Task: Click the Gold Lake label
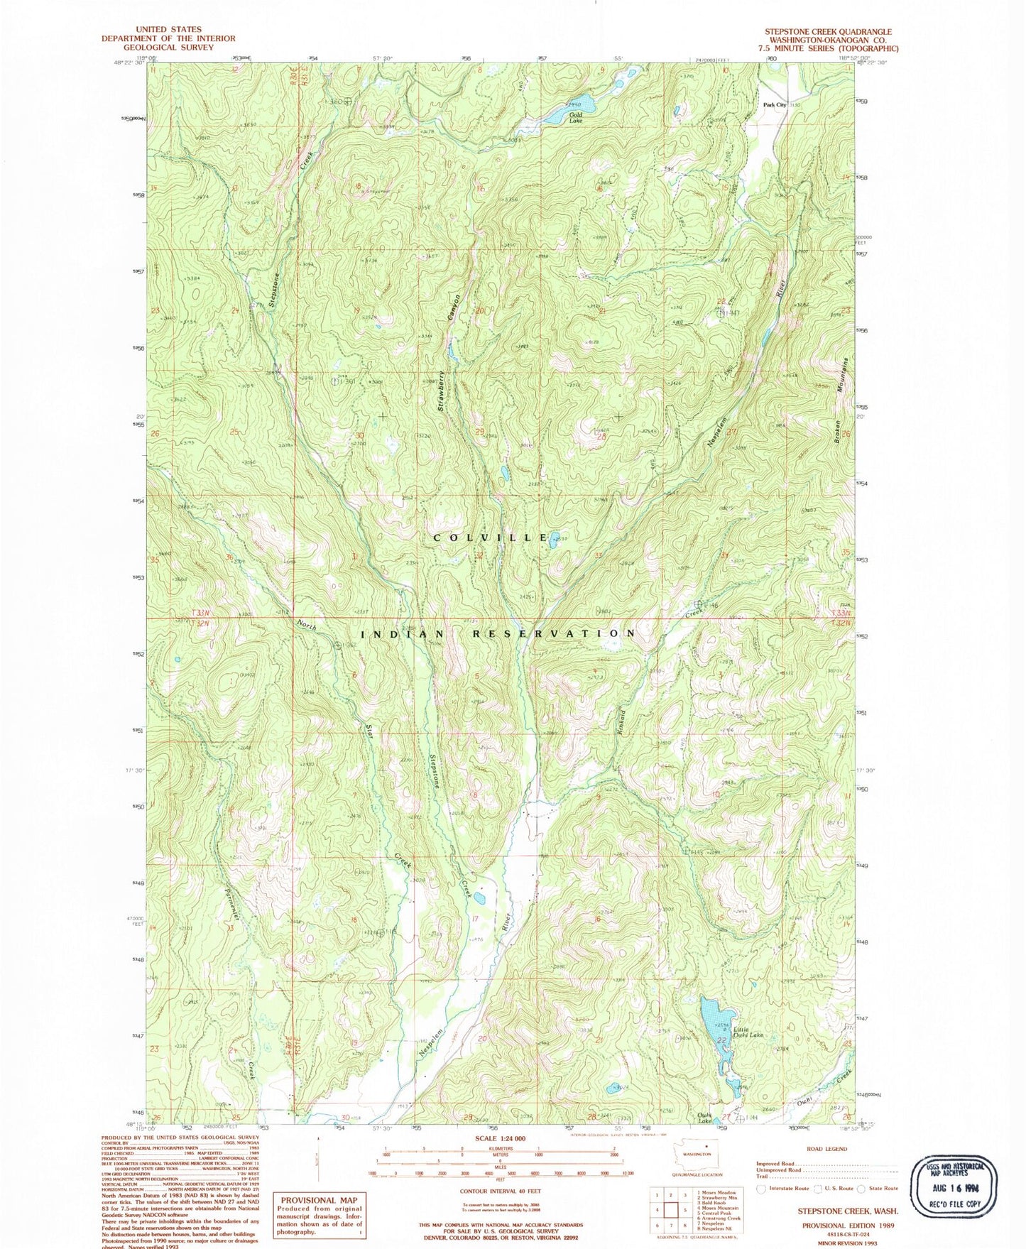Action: tap(574, 118)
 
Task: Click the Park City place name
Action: tap(775, 105)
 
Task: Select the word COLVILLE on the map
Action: tap(491, 538)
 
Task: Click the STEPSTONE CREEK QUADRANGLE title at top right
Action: tap(828, 32)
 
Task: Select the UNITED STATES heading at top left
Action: tap(168, 30)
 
